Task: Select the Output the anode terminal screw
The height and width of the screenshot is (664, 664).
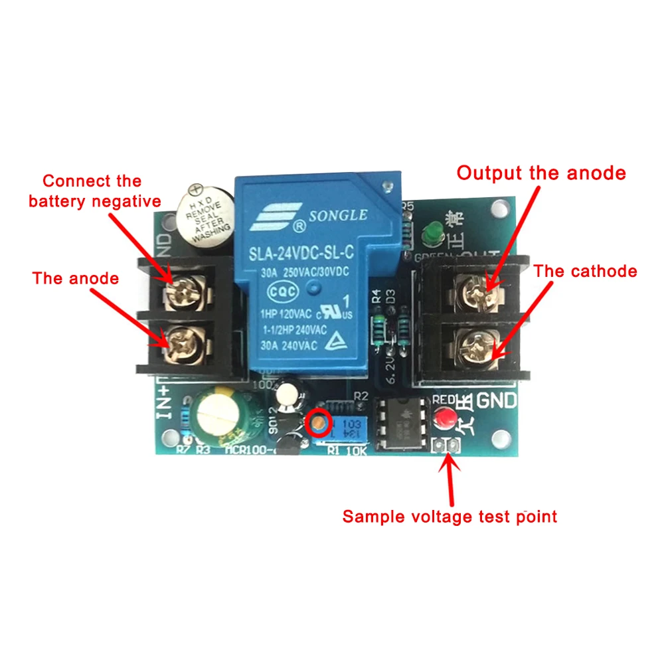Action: tap(475, 287)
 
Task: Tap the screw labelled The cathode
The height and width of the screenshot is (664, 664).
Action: tap(475, 347)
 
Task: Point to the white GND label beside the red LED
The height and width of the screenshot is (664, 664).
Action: tap(497, 400)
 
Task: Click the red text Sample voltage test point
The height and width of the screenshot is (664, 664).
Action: tap(450, 516)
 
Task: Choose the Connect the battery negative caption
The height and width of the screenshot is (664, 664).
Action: tap(94, 191)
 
